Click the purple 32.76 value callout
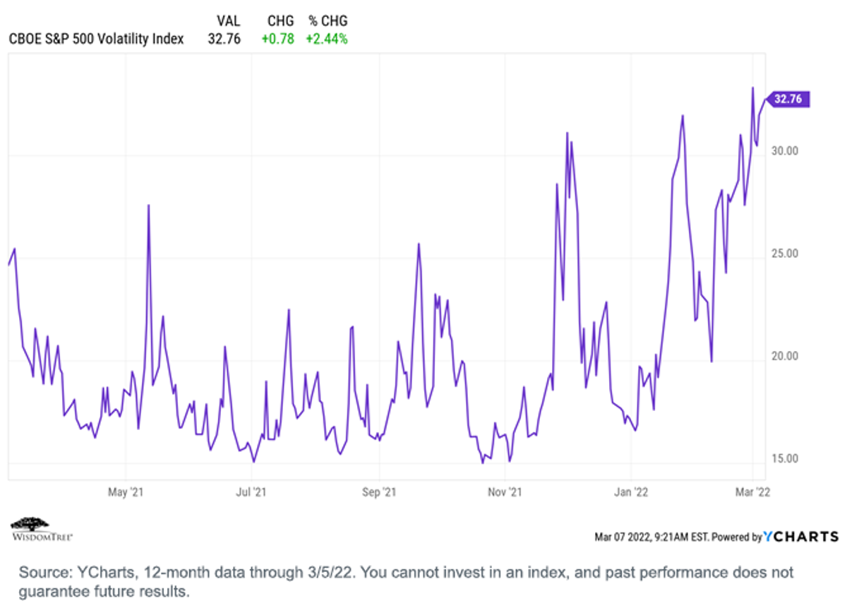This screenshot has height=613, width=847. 788,100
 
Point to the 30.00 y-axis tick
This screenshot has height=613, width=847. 785,151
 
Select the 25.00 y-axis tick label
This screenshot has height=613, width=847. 785,254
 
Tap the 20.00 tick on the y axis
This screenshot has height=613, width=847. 785,356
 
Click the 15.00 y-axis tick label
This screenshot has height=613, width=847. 785,458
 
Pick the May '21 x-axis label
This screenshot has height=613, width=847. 126,492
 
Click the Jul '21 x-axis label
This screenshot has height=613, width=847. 251,492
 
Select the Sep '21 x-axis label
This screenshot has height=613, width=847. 379,492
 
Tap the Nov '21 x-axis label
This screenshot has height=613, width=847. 505,492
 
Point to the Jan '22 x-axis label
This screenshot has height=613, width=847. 631,492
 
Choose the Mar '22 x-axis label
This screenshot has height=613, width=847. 752,492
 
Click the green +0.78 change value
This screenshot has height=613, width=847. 278,39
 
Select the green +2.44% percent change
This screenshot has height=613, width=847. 327,39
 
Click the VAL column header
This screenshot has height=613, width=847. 229,20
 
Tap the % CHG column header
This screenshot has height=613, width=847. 328,20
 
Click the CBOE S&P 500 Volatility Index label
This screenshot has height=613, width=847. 96,39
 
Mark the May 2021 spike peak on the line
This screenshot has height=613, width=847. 149,206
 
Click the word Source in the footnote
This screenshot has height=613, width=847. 45,573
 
